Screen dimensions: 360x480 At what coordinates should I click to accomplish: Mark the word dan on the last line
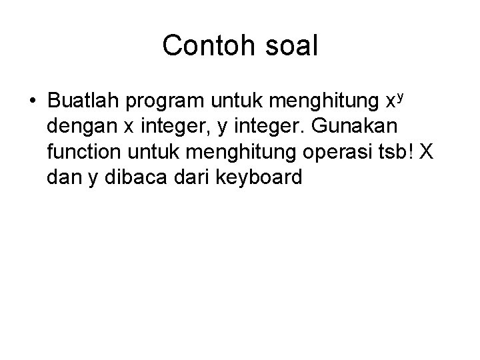pos(63,178)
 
